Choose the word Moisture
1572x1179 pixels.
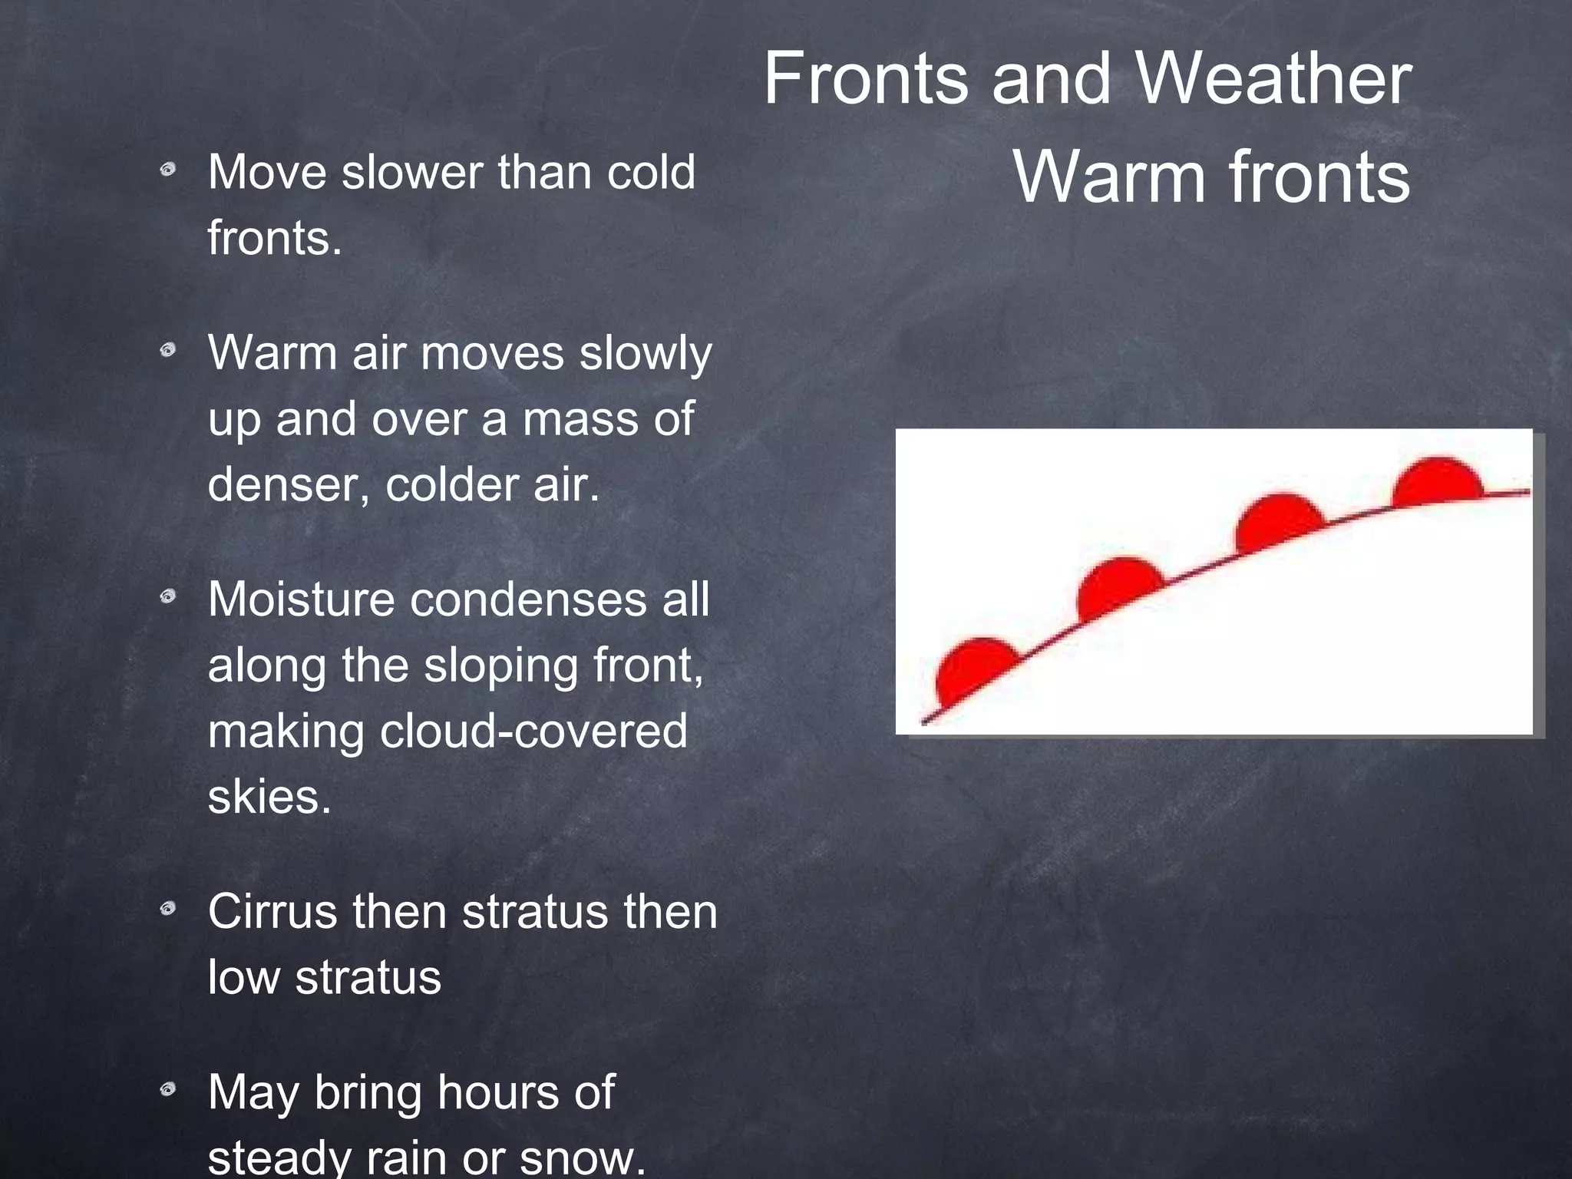click(301, 599)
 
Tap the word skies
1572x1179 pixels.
click(269, 797)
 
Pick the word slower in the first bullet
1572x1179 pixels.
click(412, 172)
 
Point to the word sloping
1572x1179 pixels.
click(501, 666)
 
